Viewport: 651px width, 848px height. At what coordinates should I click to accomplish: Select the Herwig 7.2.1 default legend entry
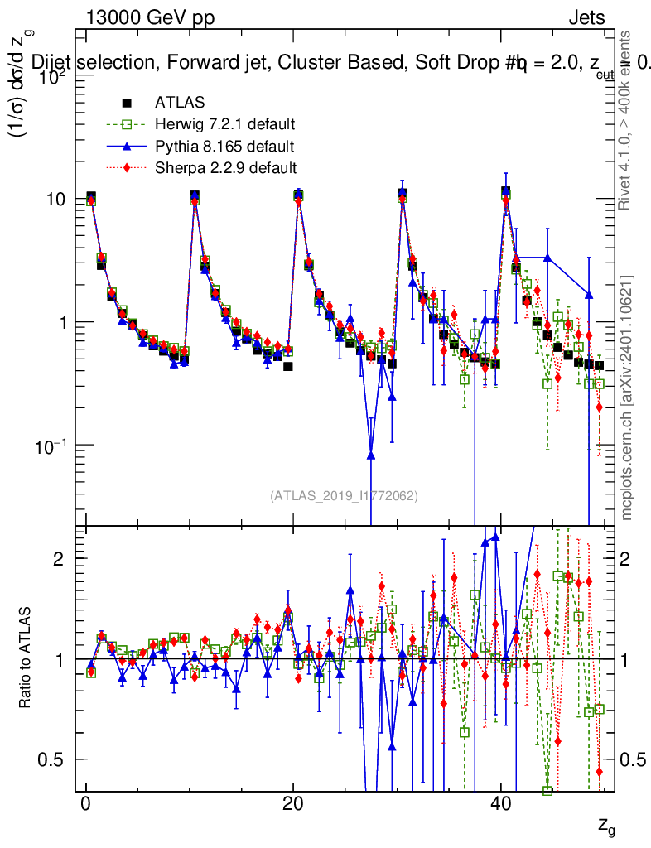click(224, 125)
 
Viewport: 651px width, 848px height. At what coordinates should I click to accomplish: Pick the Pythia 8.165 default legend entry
click(224, 147)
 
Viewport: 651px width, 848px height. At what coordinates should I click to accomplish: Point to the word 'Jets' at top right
click(586, 18)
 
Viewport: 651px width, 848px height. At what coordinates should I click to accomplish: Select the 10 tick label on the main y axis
click(60, 200)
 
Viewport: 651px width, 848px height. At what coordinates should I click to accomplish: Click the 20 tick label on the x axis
click(292, 806)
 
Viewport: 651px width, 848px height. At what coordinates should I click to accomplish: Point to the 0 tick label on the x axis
click(86, 806)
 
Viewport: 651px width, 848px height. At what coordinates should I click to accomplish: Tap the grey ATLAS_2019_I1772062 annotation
click(344, 496)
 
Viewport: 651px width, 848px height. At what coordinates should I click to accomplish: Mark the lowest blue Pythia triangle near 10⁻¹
click(371, 453)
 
